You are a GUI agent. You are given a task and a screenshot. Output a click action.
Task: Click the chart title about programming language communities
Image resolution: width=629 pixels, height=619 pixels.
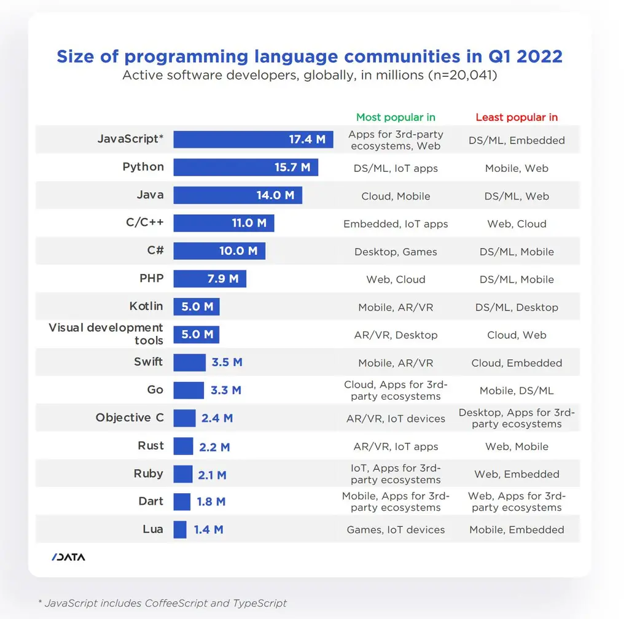pyautogui.click(x=310, y=56)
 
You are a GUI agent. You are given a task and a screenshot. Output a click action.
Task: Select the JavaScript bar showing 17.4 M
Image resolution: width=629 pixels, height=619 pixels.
pyautogui.click(x=252, y=139)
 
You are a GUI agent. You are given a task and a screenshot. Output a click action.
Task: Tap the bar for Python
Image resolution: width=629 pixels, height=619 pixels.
pyautogui.click(x=245, y=167)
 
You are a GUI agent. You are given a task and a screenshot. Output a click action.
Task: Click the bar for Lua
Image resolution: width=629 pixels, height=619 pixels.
pyautogui.click(x=179, y=529)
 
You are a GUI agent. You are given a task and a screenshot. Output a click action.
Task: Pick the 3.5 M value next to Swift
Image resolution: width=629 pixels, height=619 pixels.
pyautogui.click(x=227, y=362)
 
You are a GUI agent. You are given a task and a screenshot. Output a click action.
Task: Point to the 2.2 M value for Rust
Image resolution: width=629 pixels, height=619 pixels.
pyautogui.click(x=214, y=446)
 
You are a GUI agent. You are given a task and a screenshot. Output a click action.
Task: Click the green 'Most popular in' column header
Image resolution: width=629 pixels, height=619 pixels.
pyautogui.click(x=396, y=117)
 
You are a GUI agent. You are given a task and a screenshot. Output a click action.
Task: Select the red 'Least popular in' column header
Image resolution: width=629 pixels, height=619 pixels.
pyautogui.click(x=517, y=117)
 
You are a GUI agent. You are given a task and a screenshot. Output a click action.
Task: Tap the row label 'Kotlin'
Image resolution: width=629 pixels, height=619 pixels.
pyautogui.click(x=146, y=306)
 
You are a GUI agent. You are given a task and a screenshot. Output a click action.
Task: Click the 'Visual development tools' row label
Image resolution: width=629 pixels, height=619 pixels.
pyautogui.click(x=106, y=334)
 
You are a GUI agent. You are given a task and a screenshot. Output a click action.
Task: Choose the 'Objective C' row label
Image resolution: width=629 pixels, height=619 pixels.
pyautogui.click(x=130, y=418)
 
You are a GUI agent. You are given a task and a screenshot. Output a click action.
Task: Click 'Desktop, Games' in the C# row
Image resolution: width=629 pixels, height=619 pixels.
pyautogui.click(x=396, y=252)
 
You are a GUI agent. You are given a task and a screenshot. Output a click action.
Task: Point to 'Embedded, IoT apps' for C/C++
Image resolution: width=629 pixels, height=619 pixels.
pyautogui.click(x=396, y=224)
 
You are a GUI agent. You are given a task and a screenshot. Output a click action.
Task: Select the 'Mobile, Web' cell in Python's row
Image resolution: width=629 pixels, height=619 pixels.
pyautogui.click(x=517, y=168)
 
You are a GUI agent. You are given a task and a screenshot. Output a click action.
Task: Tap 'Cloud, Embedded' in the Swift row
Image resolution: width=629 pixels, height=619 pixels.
pyautogui.click(x=517, y=363)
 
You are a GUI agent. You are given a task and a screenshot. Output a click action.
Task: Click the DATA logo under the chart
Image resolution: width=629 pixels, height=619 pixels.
pyautogui.click(x=68, y=558)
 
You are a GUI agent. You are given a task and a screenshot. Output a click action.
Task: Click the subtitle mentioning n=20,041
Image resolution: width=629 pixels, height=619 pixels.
pyautogui.click(x=310, y=76)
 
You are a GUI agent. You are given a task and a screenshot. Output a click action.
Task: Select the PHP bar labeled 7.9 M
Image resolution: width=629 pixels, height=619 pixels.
pyautogui.click(x=209, y=279)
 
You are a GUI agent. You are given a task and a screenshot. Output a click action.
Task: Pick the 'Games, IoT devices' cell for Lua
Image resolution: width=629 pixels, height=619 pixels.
pyautogui.click(x=396, y=529)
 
